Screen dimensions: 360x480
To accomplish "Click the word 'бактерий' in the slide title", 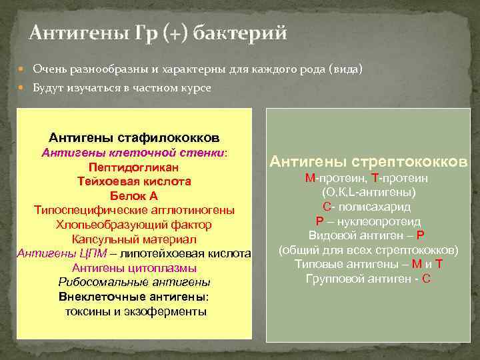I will (x=241, y=33).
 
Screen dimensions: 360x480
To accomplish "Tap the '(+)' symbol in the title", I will (x=177, y=33).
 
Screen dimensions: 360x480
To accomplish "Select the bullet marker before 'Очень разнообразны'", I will (x=24, y=69).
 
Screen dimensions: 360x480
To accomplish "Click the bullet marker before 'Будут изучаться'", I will (x=24, y=88).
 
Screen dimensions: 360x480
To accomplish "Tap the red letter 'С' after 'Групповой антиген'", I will (x=426, y=279).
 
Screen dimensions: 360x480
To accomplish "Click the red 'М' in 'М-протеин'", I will (x=309, y=178).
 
